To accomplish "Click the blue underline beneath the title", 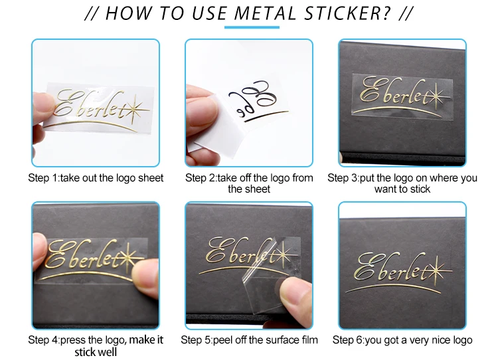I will coord(252,27).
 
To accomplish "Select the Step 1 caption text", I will coord(96,178).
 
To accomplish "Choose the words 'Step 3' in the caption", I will coord(343,178).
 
